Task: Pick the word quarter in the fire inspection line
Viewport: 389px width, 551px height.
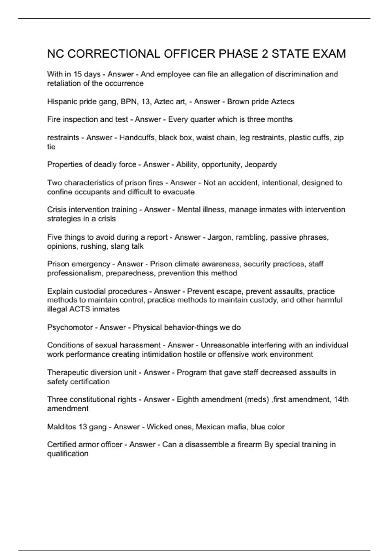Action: [203, 120]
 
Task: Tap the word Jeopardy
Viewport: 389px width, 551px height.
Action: [261, 165]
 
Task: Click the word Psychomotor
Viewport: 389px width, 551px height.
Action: [70, 327]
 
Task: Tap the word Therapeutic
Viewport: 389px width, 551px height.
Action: [68, 373]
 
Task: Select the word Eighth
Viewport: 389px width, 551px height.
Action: [187, 400]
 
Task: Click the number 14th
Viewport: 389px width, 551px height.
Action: [341, 400]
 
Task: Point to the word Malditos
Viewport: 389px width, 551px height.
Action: [61, 427]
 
